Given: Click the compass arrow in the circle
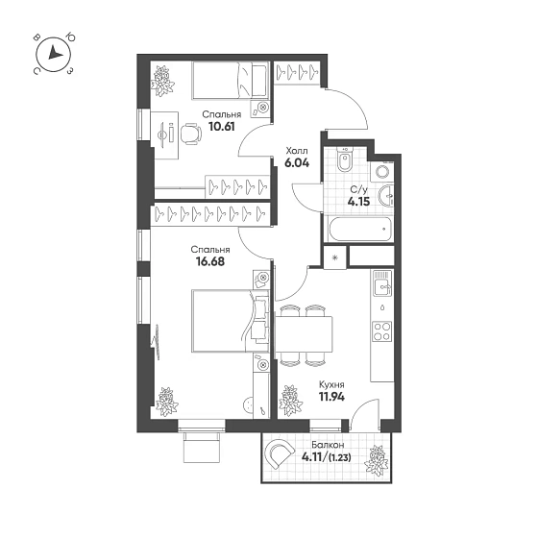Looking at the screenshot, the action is point(54,53).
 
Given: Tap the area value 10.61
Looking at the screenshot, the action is point(222,127).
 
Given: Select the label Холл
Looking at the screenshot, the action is point(297,151).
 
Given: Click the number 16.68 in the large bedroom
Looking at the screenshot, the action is point(210,261).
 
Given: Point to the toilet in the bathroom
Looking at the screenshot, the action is point(344,159).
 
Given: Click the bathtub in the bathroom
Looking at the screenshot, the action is point(359,229).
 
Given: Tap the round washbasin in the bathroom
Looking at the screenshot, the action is point(386,196).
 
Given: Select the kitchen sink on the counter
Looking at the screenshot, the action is point(382,282).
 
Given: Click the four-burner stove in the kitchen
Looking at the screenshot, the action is point(382,331).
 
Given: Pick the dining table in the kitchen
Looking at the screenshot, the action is point(304,334).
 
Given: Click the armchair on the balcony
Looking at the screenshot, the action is point(281,453).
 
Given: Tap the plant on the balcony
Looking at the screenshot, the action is point(376,461).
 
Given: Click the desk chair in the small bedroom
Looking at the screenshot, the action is point(190,134).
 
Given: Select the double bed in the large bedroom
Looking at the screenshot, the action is point(230,321).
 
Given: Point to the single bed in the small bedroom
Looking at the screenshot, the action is point(230,81).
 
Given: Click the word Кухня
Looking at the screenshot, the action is point(331,384).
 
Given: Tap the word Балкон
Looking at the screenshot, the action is point(328,445).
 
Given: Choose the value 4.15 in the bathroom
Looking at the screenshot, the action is point(358,201).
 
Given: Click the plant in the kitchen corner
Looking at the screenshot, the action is point(290,401).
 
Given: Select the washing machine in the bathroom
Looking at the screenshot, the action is point(381,171).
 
